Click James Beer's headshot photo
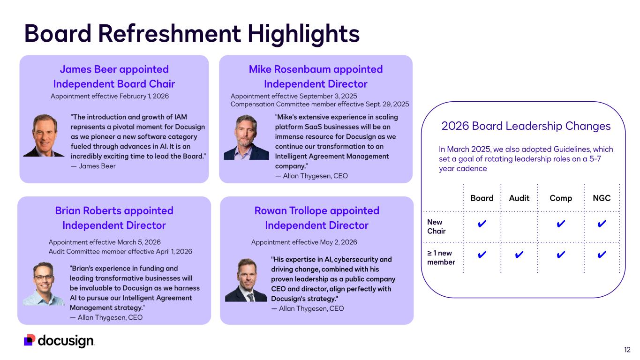click(44, 135)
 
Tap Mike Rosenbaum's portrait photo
click(247, 137)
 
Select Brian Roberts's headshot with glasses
click(44, 284)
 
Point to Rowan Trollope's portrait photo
click(246, 280)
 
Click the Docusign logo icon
click(30, 340)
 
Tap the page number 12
click(627, 350)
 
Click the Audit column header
click(519, 198)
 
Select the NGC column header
click(602, 198)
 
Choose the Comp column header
click(561, 198)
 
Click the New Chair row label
click(437, 226)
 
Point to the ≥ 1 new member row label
click(441, 257)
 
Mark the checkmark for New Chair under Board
click(482, 224)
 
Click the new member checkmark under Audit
click(519, 254)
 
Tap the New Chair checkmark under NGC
click(602, 224)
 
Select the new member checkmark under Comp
click(561, 254)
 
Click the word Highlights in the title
click(303, 34)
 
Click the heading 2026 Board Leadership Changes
click(526, 126)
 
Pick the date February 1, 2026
click(144, 96)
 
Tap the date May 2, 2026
click(339, 242)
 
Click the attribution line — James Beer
click(93, 166)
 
